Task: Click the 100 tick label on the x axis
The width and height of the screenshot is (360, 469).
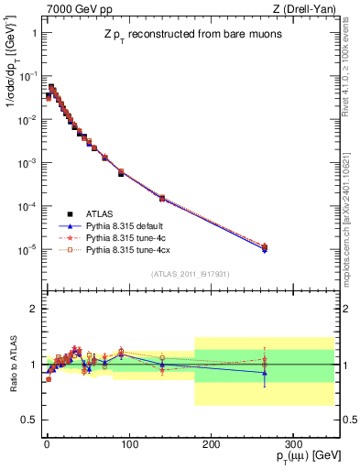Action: click(x=128, y=443)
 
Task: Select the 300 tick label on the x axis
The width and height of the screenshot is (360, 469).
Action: click(x=292, y=443)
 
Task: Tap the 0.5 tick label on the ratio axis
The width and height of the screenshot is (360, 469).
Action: click(x=28, y=420)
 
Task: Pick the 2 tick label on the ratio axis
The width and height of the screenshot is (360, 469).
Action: click(x=32, y=309)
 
